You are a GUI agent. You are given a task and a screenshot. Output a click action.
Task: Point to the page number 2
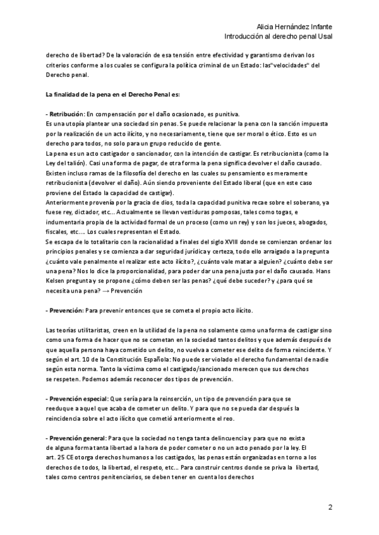[330, 507]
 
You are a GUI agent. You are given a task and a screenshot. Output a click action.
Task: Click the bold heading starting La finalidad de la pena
[112, 95]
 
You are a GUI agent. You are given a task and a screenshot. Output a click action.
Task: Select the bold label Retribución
[66, 114]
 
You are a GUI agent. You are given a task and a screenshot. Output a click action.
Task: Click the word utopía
[76, 123]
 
